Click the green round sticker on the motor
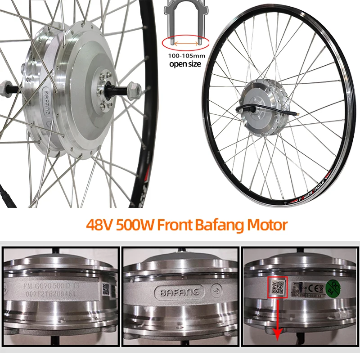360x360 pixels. (333, 287)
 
